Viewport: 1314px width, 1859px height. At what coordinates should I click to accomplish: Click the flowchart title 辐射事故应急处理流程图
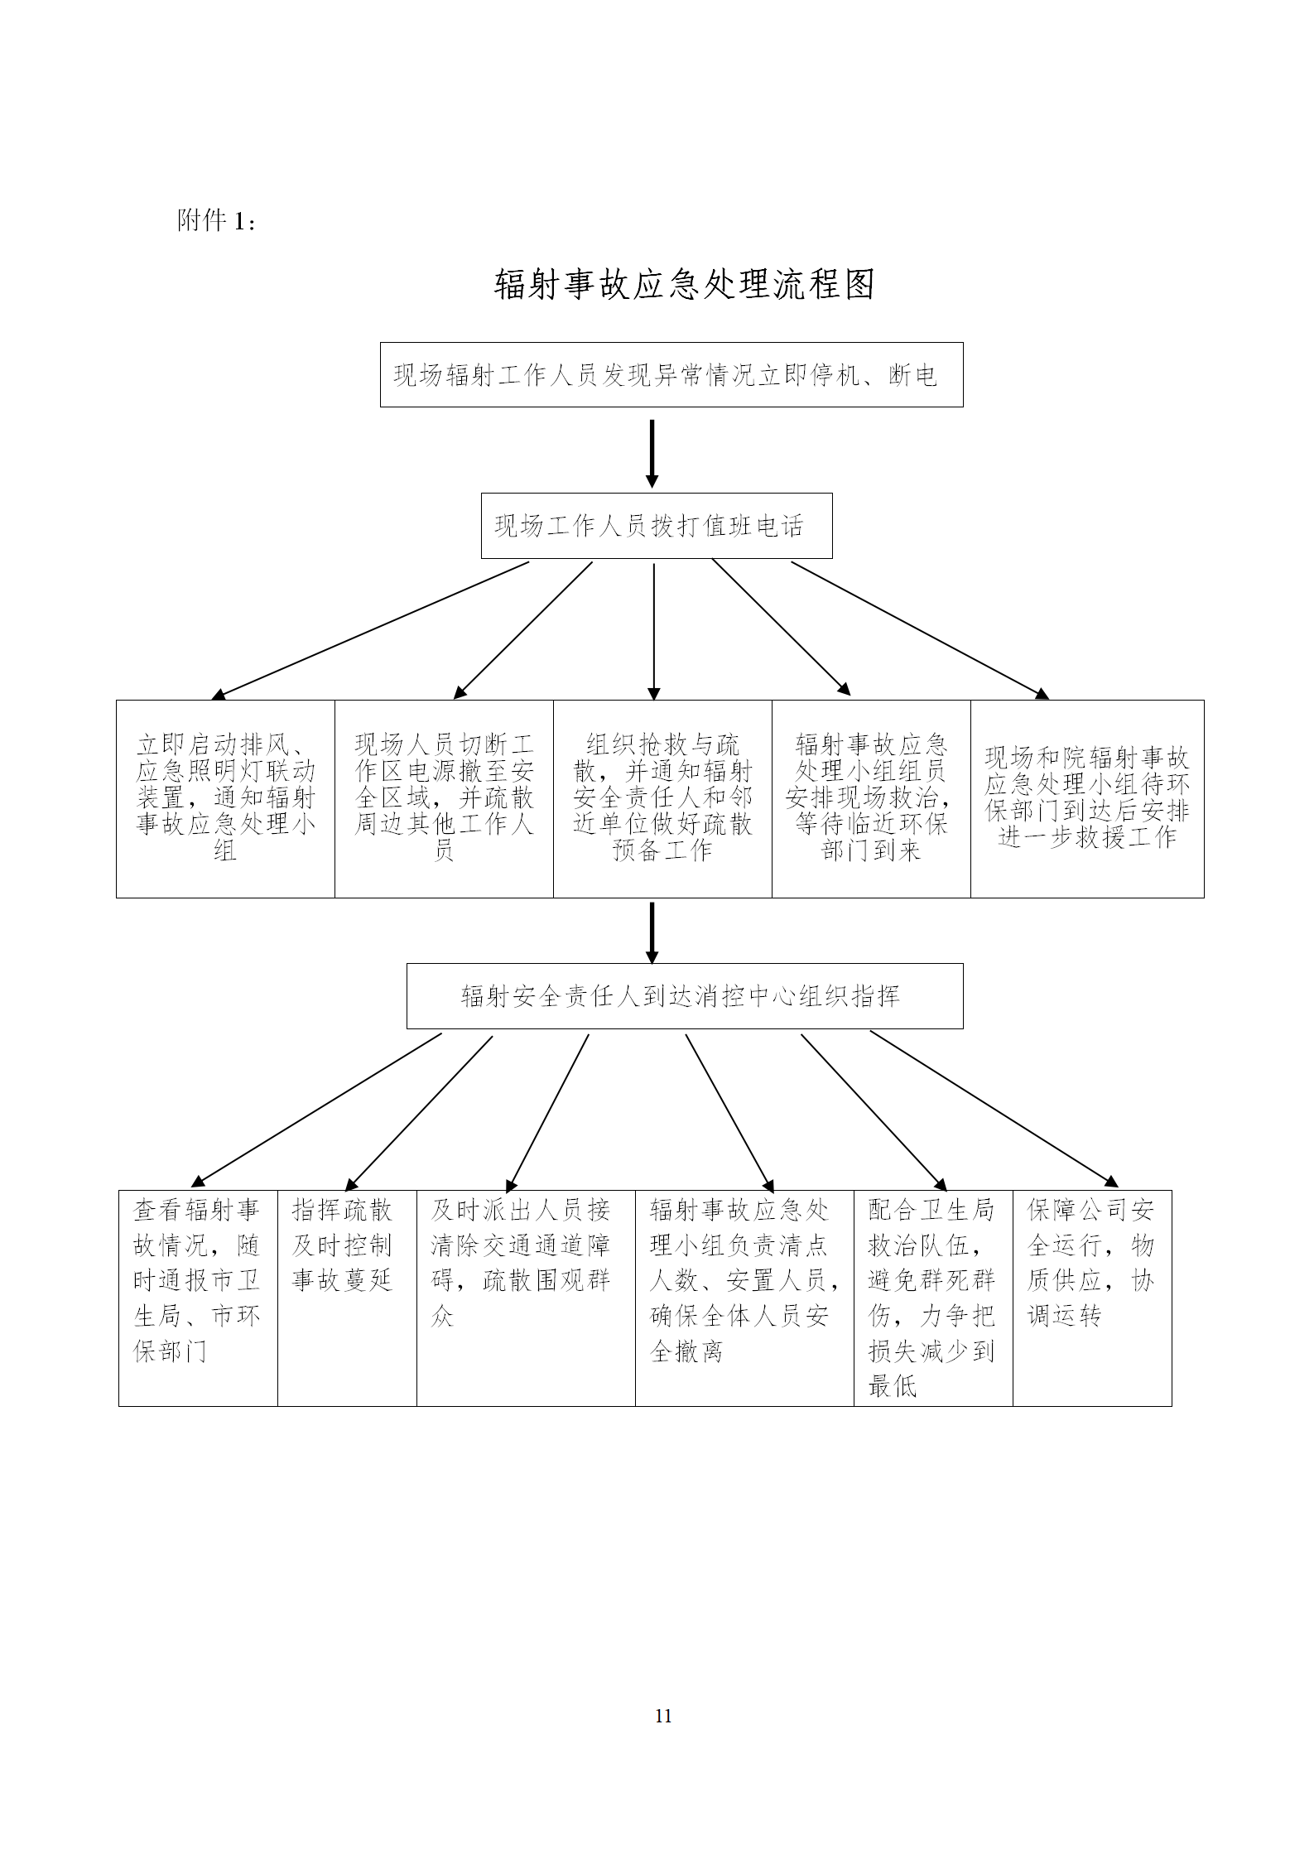pyautogui.click(x=685, y=285)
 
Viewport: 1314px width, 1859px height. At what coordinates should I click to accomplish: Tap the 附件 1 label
pyautogui.click(x=216, y=220)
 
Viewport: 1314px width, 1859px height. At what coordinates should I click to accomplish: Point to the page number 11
pyautogui.click(x=663, y=1716)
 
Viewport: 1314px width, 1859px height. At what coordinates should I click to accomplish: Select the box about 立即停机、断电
pyautogui.click(x=671, y=375)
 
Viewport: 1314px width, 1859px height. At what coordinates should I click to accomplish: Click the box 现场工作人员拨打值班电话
pyautogui.click(x=657, y=526)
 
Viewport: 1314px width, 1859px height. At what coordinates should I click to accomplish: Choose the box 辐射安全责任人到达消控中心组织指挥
pyautogui.click(x=685, y=996)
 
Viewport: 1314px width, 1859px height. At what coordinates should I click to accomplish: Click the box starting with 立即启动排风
pyautogui.click(x=225, y=799)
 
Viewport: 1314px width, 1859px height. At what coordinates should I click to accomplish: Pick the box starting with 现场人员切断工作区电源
pyautogui.click(x=444, y=799)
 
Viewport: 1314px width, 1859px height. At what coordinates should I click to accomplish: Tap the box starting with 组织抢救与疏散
pyautogui.click(x=662, y=799)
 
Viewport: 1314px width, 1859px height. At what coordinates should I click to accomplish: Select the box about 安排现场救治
pyautogui.click(x=871, y=799)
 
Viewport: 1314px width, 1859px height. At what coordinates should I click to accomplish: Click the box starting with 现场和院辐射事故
pyautogui.click(x=1087, y=799)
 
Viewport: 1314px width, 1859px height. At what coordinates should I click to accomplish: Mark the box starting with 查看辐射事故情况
pyautogui.click(x=198, y=1298)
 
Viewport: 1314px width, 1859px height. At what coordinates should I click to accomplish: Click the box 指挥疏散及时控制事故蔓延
pyautogui.click(x=347, y=1298)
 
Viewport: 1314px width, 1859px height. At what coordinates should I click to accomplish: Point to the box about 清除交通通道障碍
pyautogui.click(x=526, y=1298)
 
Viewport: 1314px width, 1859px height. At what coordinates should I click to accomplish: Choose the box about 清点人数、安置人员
pyautogui.click(x=744, y=1298)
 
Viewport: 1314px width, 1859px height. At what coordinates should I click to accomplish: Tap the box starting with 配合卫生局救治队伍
pyautogui.click(x=933, y=1298)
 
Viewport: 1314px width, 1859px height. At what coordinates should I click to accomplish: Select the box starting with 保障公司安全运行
pyautogui.click(x=1092, y=1298)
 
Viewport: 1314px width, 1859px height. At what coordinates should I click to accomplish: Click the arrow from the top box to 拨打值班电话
pyautogui.click(x=652, y=454)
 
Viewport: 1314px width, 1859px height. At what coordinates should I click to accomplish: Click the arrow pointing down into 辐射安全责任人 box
pyautogui.click(x=652, y=932)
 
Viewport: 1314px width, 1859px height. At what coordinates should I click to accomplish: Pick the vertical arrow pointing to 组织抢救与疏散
pyautogui.click(x=654, y=632)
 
